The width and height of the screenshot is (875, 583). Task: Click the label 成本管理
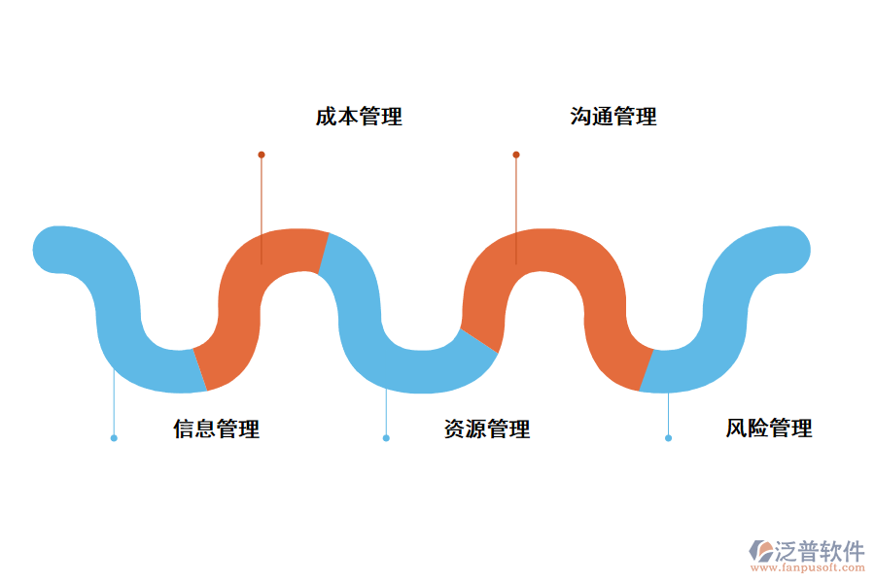point(359,117)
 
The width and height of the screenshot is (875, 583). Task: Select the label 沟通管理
point(613,117)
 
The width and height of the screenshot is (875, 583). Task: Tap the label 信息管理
point(217,429)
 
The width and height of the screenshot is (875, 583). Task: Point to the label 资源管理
point(487,429)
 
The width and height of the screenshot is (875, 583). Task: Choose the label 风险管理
point(769,429)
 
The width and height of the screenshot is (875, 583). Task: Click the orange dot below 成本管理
point(262,154)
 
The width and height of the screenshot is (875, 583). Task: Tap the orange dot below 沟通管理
point(516,154)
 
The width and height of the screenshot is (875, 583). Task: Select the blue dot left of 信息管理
point(114,438)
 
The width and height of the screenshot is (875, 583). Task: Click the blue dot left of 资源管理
point(386,438)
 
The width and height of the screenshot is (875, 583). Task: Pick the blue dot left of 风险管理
point(668,438)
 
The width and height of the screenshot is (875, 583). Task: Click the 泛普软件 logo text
point(820,551)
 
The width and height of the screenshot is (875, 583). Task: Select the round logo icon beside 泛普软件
point(760,551)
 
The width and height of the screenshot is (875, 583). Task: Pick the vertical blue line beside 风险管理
point(668,413)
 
